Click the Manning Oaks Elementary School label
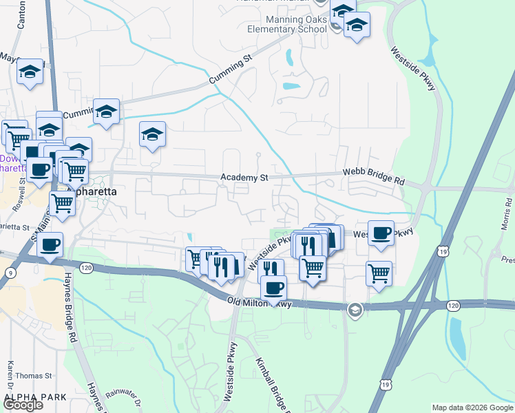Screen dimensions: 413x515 pyautogui.click(x=287, y=25)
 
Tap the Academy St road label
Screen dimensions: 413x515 pyautogui.click(x=244, y=178)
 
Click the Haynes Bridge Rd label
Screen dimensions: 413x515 pyautogui.click(x=70, y=306)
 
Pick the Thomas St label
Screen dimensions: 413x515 pyautogui.click(x=34, y=376)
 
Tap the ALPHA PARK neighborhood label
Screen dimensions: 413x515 pyautogui.click(x=29, y=397)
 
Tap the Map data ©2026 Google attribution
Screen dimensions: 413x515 pyautogui.click(x=472, y=407)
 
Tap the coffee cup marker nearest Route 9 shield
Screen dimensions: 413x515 pyautogui.click(x=49, y=244)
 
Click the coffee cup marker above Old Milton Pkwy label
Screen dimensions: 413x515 pyautogui.click(x=274, y=286)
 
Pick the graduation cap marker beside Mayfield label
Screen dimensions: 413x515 pyautogui.click(x=30, y=72)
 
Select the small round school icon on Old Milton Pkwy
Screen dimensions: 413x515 pyautogui.click(x=355, y=309)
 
